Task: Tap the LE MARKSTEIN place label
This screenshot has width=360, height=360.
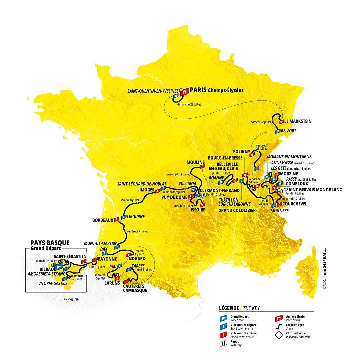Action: coord(298,121)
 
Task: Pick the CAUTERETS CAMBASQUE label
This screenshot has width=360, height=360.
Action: coord(135,288)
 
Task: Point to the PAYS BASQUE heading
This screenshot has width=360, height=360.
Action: coord(50,243)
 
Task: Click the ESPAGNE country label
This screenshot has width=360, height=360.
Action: coord(71,299)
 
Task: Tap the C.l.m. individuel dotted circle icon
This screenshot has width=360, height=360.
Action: coord(277,335)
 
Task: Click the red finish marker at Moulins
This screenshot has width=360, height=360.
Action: coord(201,166)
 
